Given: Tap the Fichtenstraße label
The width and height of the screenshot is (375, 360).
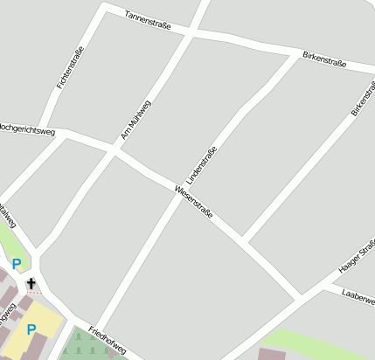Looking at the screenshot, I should click(x=69, y=67).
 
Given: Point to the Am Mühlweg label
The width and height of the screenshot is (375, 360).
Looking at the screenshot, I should click(x=135, y=120).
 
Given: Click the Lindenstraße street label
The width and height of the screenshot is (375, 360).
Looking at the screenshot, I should click(x=201, y=163).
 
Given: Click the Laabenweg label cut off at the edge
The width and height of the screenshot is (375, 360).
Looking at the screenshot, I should click(x=358, y=296).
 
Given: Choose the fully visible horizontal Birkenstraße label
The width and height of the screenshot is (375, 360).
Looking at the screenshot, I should click(x=324, y=59).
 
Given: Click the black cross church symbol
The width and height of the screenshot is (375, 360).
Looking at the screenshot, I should click(x=31, y=283).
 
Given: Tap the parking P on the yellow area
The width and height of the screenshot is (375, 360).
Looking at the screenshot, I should click(x=31, y=329).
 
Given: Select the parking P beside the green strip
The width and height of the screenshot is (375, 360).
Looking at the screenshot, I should click(x=17, y=263).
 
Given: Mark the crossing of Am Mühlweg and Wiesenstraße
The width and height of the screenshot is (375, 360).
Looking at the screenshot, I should click(x=114, y=153).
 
